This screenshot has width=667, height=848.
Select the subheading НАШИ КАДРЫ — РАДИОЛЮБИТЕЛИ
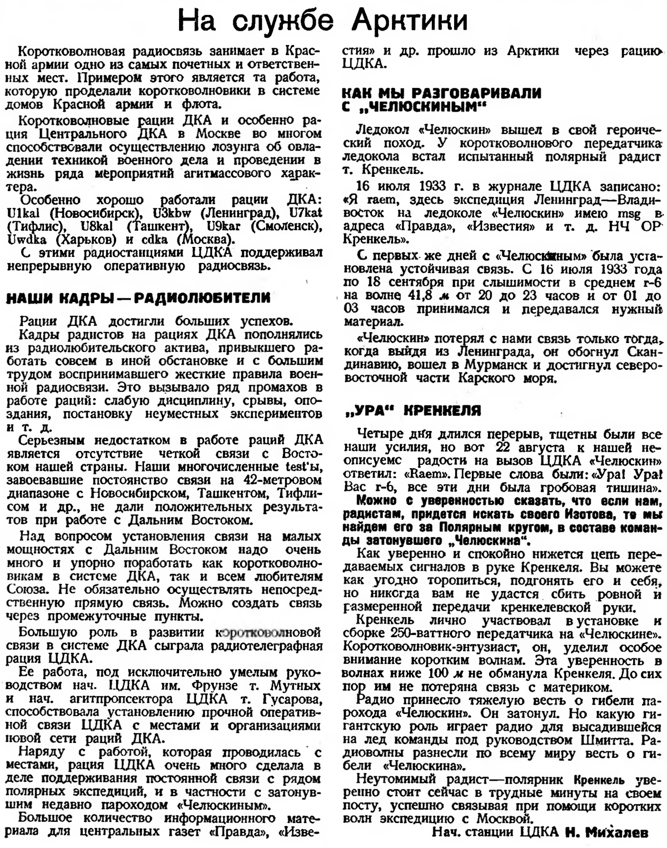point(138,299)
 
